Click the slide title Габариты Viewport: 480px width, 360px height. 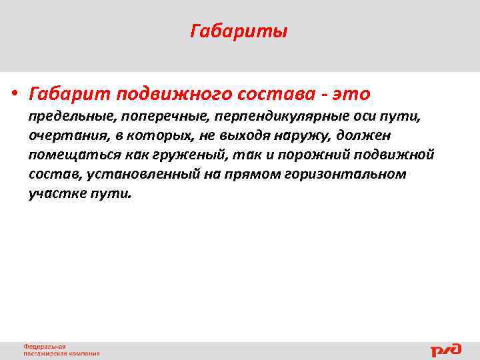[x=239, y=32]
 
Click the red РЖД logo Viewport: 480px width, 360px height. [x=445, y=350]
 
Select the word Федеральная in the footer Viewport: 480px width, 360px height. [x=45, y=347]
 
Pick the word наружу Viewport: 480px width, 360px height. [x=302, y=136]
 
